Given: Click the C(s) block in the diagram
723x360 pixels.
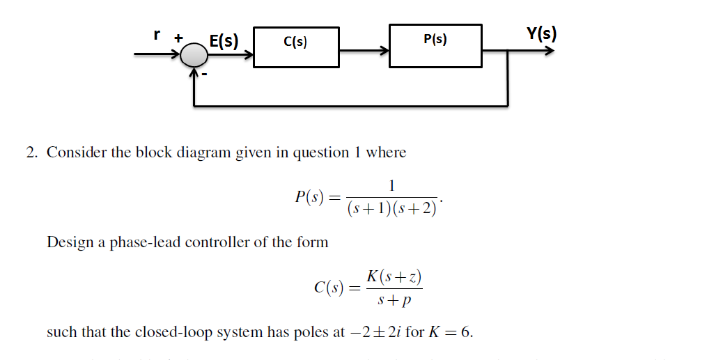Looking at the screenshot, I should coord(296,47).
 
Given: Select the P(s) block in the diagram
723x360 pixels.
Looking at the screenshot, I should coord(435,46).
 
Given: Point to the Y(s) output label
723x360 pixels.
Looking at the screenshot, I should coord(541,33).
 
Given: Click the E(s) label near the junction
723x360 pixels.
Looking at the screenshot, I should coord(224,40).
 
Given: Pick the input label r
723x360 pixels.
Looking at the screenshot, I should coord(157,33).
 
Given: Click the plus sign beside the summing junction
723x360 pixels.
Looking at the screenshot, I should coord(178,39).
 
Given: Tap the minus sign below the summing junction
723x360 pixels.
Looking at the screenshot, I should coord(205,75).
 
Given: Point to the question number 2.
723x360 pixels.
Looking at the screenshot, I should coord(31,152).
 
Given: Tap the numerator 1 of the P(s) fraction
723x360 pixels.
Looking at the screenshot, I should coord(392,185).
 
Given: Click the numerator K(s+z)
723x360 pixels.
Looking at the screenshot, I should coord(394,276).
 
